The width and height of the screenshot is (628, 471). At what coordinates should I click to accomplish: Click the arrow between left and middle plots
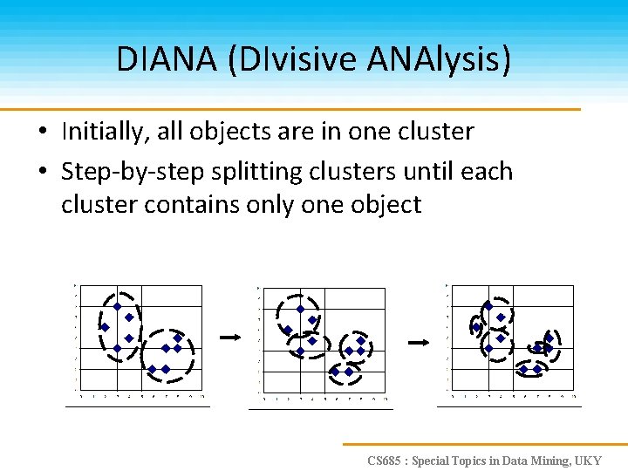point(229,336)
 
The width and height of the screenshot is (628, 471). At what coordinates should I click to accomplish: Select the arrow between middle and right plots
point(420,342)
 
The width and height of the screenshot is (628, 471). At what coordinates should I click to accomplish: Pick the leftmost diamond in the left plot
point(105,327)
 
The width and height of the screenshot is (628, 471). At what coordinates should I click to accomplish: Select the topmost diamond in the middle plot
point(300,308)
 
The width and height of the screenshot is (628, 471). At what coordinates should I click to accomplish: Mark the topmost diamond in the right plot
point(488,305)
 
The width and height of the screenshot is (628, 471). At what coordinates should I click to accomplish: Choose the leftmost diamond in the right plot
point(476,327)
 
